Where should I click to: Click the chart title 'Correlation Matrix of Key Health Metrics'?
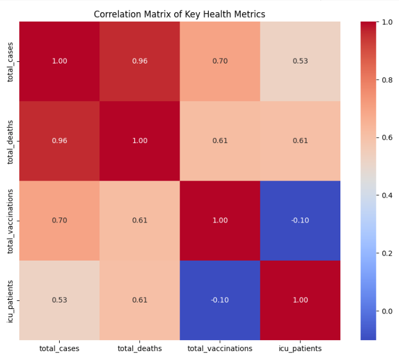point(180,14)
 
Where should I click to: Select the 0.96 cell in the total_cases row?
point(140,61)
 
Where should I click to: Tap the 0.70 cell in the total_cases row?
point(220,61)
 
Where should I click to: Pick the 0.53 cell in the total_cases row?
point(300,61)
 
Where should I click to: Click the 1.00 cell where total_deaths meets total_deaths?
point(140,141)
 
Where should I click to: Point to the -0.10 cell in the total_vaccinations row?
point(300,220)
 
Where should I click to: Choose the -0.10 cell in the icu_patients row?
point(220,300)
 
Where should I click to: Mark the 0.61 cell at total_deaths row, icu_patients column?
point(300,141)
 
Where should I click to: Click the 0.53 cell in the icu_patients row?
point(60,300)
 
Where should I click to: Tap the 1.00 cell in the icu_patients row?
point(300,300)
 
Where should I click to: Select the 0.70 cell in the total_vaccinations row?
point(60,220)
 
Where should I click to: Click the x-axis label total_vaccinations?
point(220,348)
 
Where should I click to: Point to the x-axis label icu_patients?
point(300,348)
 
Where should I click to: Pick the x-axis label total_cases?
point(60,348)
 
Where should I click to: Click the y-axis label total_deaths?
point(11,141)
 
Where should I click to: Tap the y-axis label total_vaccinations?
point(11,220)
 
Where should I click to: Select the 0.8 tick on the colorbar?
point(387,80)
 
